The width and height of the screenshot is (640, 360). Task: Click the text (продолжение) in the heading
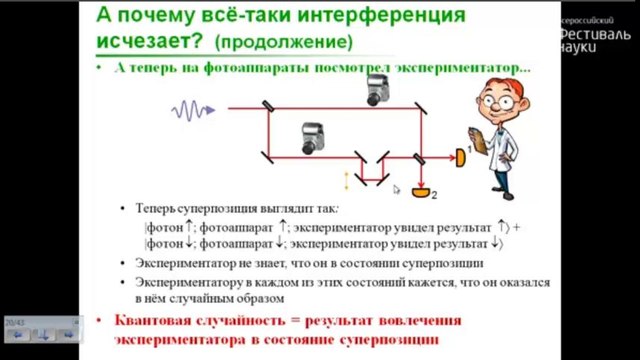pos(283,43)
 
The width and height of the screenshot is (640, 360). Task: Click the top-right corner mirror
pos(419,107)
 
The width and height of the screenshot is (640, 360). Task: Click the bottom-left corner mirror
pos(269,155)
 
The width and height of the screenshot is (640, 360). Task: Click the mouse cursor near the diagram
pos(396,188)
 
